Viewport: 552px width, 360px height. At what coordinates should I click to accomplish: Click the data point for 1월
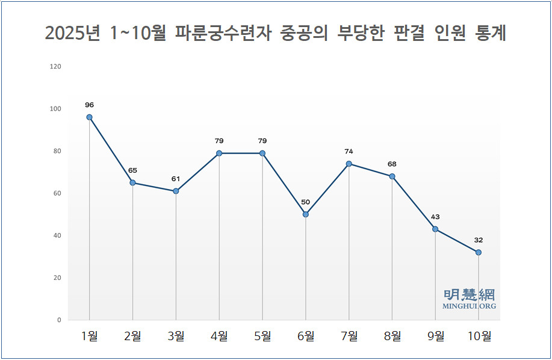89,117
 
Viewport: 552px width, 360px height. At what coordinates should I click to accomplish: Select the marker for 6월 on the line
306,214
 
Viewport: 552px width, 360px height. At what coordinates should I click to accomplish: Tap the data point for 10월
479,252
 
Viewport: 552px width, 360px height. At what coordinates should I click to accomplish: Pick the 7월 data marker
349,164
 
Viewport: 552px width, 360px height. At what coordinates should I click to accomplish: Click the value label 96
89,105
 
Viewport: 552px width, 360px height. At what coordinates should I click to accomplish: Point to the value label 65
132,170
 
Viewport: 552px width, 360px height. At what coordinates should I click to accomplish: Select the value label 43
435,217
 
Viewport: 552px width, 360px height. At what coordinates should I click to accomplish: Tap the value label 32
479,240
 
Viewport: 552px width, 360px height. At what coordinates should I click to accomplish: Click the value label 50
306,202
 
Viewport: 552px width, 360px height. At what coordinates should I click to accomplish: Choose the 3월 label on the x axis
176,336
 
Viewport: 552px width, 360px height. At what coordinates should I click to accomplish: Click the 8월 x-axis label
392,336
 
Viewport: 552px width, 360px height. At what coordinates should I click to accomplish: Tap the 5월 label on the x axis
262,336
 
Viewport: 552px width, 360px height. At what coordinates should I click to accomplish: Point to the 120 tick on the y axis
55,66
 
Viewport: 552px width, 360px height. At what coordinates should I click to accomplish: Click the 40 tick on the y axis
57,235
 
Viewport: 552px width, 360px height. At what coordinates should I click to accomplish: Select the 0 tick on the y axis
59,320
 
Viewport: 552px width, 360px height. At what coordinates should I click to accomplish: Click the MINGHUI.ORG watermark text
470,306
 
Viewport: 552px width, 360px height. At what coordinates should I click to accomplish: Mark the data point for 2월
132,183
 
